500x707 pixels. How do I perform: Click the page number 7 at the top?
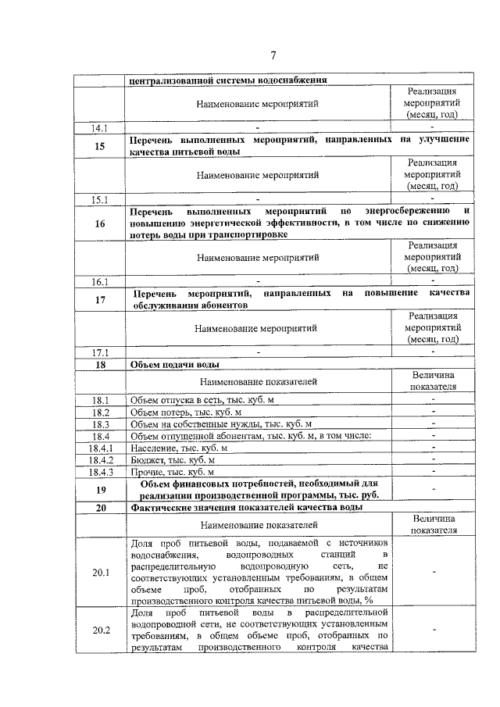273,55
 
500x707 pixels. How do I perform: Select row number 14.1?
99,127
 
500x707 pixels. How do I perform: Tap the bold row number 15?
99,146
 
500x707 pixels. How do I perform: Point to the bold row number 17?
99,299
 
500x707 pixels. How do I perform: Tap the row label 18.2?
99,412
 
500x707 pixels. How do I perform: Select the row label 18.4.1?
99,448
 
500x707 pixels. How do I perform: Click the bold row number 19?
99,490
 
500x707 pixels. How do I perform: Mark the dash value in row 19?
433,490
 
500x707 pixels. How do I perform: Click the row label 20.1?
99,573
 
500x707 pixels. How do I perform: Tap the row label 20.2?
99,630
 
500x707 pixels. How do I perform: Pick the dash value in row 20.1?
433,573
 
